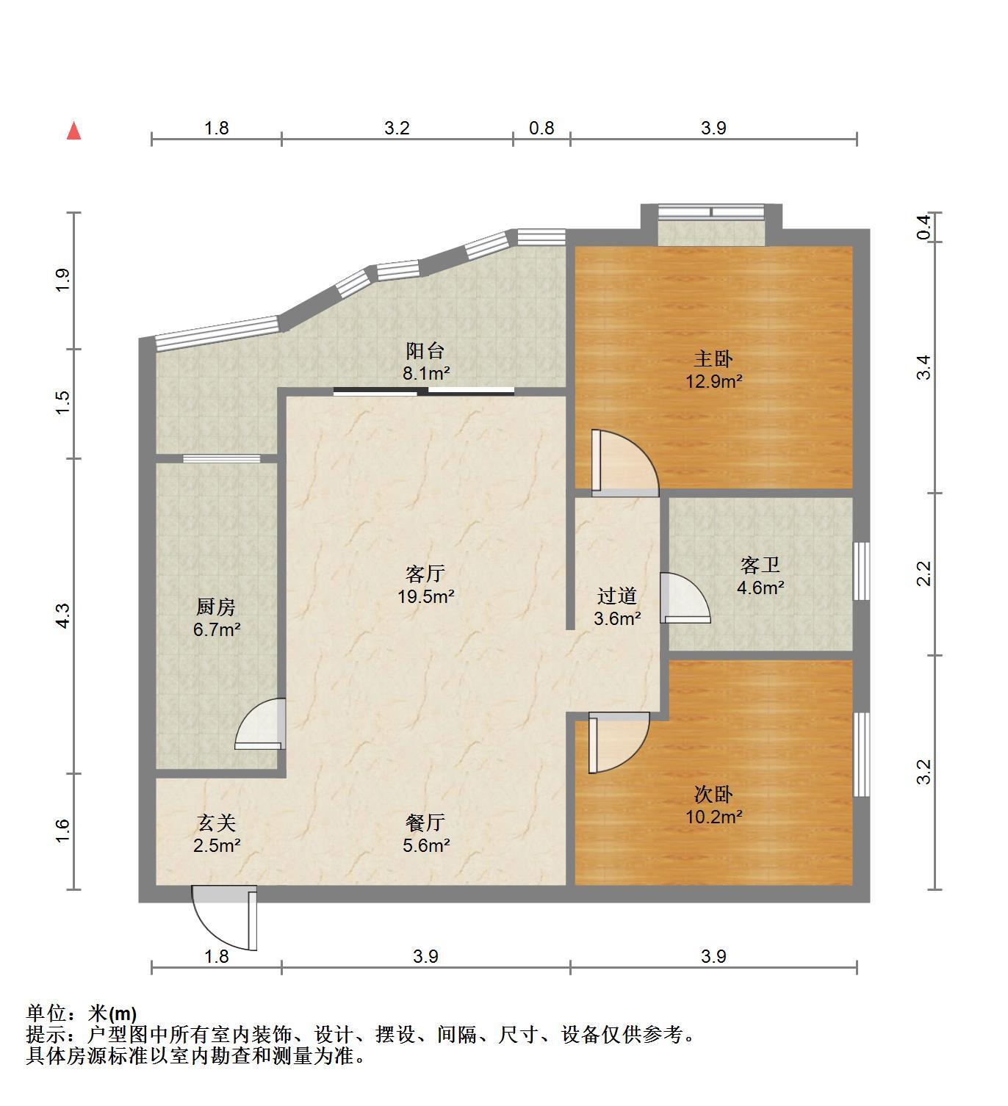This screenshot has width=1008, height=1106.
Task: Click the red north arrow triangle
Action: click(x=74, y=131)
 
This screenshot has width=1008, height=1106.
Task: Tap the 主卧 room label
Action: click(x=713, y=359)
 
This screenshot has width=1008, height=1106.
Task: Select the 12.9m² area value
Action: click(x=714, y=382)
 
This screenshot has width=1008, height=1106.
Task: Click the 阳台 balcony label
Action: click(x=425, y=350)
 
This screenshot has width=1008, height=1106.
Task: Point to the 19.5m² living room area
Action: click(x=426, y=596)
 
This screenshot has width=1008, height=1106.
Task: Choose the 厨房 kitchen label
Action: click(x=216, y=607)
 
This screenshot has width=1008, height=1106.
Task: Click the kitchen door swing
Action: click(x=260, y=723)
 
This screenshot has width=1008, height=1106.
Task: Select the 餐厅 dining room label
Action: click(x=425, y=823)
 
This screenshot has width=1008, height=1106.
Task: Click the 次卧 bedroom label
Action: click(x=713, y=795)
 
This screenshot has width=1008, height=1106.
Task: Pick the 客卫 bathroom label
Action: click(x=760, y=565)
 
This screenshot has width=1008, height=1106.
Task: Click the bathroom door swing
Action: click(x=685, y=599)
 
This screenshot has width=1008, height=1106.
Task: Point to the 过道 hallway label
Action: click(x=617, y=596)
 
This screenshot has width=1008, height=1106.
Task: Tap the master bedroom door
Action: click(x=625, y=463)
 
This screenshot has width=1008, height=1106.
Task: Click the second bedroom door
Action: click(x=619, y=742)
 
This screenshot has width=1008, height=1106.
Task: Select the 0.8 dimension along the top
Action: click(x=541, y=128)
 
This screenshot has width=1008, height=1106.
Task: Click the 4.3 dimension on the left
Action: click(x=63, y=616)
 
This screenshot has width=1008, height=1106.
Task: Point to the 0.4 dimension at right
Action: click(x=924, y=227)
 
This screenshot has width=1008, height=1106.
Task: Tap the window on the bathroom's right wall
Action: click(x=861, y=571)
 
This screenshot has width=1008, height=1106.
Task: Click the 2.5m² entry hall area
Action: click(x=216, y=845)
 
